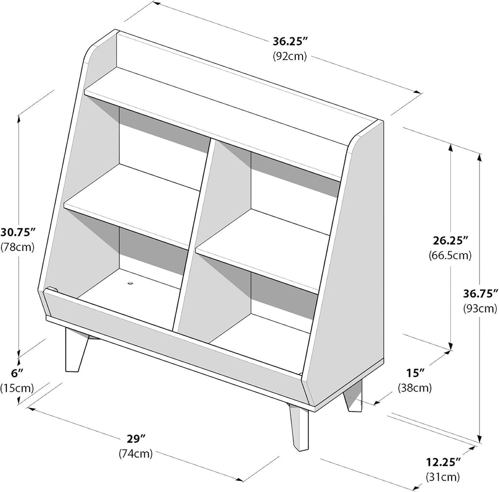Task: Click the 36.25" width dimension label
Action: [x=290, y=42]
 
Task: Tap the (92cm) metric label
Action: [x=289, y=56]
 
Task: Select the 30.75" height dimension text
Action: [x=18, y=232]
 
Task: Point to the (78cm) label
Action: [x=18, y=247]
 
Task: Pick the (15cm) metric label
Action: [x=17, y=388]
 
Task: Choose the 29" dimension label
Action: [x=136, y=439]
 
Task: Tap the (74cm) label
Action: [x=135, y=453]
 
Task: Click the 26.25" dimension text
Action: [x=450, y=241]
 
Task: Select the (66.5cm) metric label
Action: [x=450, y=255]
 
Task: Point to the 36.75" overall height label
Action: [x=480, y=293]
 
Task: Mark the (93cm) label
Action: [x=480, y=308]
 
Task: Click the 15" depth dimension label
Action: [x=415, y=373]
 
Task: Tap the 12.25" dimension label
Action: [x=443, y=462]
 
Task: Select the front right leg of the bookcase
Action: [x=299, y=427]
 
